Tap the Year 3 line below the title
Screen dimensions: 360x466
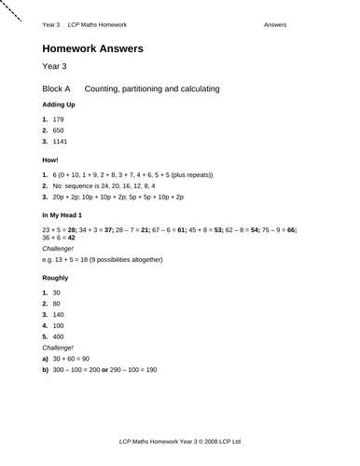click(55, 68)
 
